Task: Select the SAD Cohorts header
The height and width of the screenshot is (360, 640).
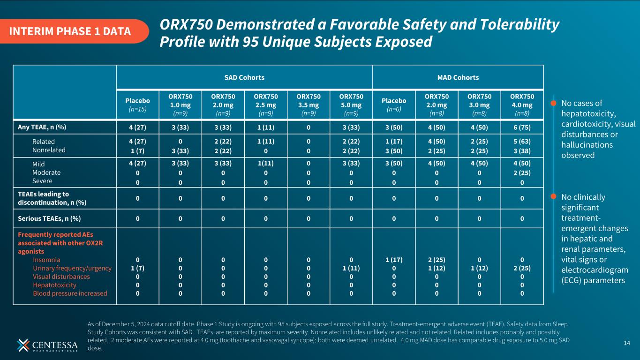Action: coord(244,77)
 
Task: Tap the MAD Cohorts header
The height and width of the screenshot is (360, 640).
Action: coord(458,77)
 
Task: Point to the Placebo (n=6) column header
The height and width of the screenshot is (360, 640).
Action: coord(394,104)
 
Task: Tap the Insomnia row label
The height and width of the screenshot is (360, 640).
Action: coord(46,260)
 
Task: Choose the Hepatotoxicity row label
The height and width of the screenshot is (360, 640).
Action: coord(54,285)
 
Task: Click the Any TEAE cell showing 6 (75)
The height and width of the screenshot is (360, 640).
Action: coord(522,126)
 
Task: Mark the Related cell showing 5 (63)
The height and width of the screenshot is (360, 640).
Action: coord(522,142)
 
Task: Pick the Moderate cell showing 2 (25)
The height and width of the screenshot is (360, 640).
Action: coord(522,172)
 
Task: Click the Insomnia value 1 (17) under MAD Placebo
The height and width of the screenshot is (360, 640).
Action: coord(394,260)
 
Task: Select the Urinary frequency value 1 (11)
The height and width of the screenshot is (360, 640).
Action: coord(351,268)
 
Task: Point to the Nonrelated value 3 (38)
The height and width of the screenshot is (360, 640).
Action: coord(522,150)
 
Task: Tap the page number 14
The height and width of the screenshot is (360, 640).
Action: coord(627,344)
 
